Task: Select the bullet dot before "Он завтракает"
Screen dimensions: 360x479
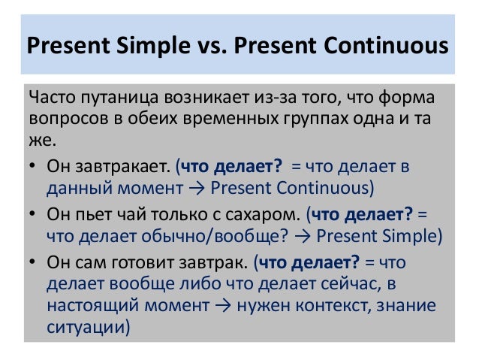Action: (x=34, y=166)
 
